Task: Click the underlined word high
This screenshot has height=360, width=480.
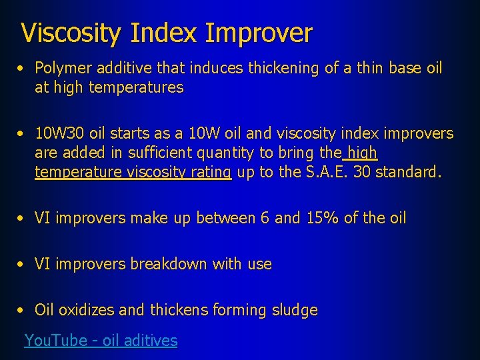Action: (362, 153)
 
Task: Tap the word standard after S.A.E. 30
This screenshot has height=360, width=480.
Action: (408, 173)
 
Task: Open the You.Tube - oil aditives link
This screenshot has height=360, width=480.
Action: (101, 341)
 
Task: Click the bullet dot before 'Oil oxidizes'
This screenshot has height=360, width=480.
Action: (23, 311)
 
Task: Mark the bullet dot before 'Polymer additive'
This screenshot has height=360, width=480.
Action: (23, 69)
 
